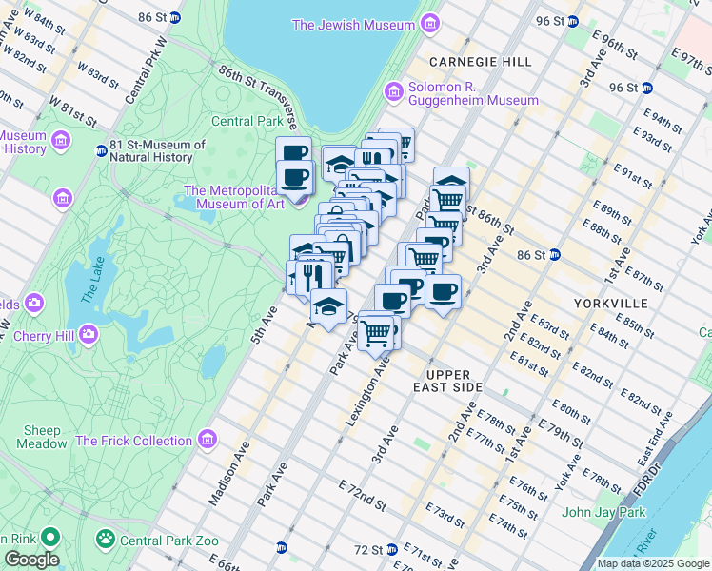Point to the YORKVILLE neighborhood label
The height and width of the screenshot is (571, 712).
pyautogui.click(x=611, y=303)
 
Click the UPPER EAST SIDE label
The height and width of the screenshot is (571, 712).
pyautogui.click(x=455, y=381)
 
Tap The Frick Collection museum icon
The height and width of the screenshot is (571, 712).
pyautogui.click(x=208, y=440)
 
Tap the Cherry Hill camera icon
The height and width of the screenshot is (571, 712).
pyautogui.click(x=89, y=334)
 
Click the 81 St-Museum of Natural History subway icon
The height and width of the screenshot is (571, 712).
pyautogui.click(x=101, y=150)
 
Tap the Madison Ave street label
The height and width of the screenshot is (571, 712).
pyautogui.click(x=227, y=471)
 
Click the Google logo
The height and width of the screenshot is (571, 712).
pyautogui.click(x=30, y=559)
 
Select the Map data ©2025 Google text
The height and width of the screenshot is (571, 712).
pyautogui.click(x=651, y=563)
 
